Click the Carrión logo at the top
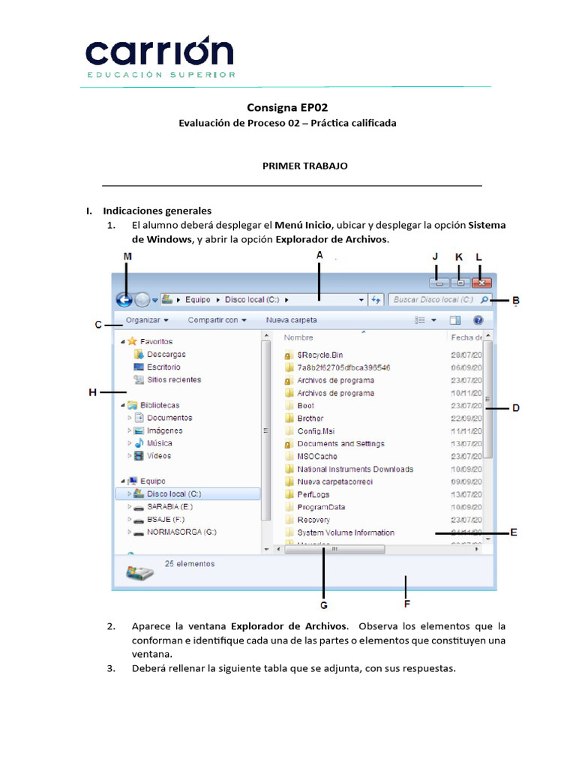point(160,55)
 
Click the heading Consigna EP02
point(287,107)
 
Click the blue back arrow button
point(125,300)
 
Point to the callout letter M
point(127,256)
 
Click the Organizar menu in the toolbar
point(146,320)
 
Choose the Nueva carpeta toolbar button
point(291,320)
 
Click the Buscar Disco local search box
point(434,300)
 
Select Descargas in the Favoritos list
point(166,354)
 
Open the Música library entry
point(159,443)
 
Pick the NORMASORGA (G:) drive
point(181,532)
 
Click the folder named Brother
point(310,418)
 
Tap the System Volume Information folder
point(345,532)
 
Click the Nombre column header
point(298,337)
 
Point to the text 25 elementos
point(189,563)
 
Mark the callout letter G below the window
point(323,604)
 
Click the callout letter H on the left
point(92,391)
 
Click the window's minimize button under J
point(439,283)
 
